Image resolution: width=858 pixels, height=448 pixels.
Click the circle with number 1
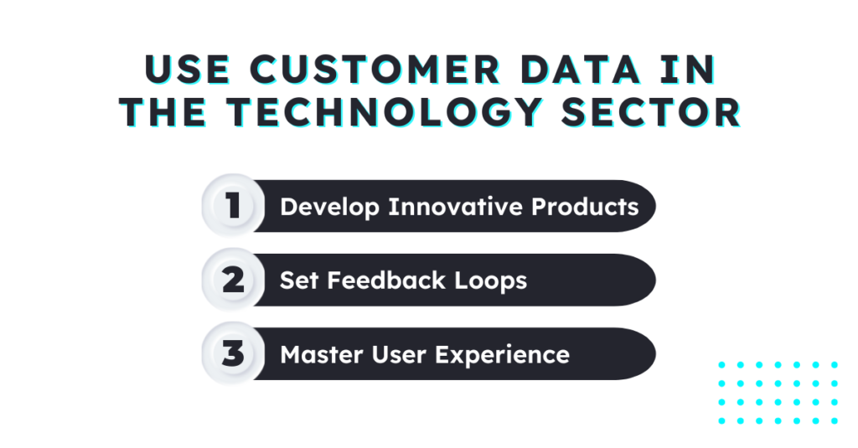click(232, 206)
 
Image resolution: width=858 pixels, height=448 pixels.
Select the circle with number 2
click(232, 280)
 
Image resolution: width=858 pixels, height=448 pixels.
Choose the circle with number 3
click(232, 353)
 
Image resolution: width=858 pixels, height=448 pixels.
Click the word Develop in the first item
click(330, 207)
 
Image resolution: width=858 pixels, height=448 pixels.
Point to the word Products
click(587, 206)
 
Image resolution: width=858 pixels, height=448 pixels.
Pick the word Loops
click(490, 281)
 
